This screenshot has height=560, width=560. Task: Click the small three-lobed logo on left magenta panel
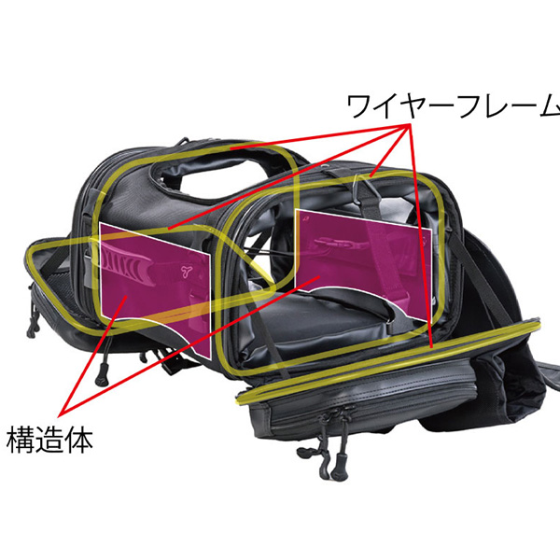(x=186, y=272)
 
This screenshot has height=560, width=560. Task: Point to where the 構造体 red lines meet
(x=60, y=411)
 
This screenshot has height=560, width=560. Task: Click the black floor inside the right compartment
(x=317, y=327)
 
